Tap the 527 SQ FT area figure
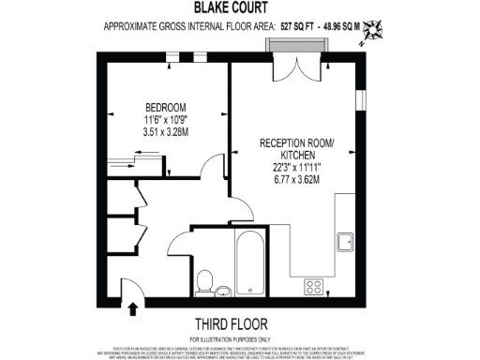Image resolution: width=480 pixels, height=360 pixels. [x=303, y=26]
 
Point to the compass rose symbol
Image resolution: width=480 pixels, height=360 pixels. [x=373, y=29]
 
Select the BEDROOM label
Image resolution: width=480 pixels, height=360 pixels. [x=164, y=106]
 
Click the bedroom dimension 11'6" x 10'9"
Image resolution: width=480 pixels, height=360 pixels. [x=164, y=120]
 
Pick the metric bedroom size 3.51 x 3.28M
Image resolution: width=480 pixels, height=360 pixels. [x=164, y=133]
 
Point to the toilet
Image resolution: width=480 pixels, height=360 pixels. [x=205, y=279]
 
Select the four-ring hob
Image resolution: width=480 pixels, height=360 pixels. [x=314, y=288]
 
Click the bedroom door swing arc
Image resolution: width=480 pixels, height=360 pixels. [x=212, y=167]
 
